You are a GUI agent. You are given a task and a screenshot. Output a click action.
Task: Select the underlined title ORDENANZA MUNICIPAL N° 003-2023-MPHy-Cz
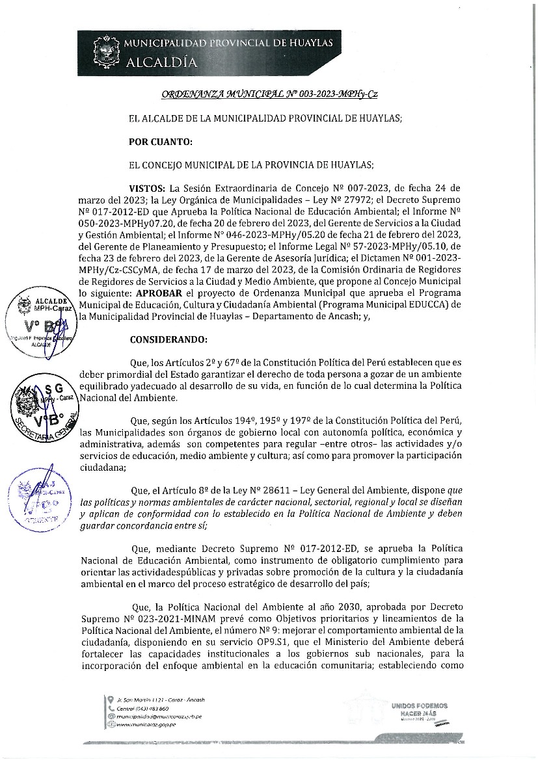(269, 94)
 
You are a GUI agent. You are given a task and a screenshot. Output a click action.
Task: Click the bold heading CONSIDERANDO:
(169, 339)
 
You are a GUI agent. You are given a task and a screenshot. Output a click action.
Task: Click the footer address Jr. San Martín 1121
(152, 700)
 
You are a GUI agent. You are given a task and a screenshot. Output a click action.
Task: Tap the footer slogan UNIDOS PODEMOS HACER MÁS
(419, 709)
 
